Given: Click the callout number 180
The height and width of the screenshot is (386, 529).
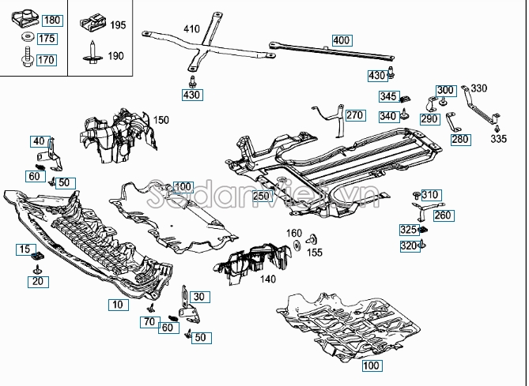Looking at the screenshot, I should click(50, 20).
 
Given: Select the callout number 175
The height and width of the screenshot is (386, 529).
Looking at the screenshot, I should click(47, 39).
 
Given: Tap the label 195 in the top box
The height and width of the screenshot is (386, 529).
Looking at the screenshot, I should click(118, 25).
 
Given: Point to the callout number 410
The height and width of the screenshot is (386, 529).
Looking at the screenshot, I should click(191, 29).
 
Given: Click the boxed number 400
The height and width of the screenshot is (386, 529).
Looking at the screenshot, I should click(341, 39).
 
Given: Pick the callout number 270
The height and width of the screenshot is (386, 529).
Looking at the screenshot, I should click(353, 115).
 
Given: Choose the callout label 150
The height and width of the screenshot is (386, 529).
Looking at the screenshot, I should click(161, 120).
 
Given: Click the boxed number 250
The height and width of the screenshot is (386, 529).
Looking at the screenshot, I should click(262, 195).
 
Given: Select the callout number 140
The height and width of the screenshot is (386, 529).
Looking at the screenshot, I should click(268, 279).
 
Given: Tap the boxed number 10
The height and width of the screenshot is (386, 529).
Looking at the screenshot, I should click(116, 303).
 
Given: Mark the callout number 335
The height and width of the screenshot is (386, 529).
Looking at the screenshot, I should click(497, 139).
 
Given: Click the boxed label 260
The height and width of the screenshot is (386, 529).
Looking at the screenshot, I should click(442, 215).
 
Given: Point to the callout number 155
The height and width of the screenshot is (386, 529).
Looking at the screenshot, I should click(316, 253).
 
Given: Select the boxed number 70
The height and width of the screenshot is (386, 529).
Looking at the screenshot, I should click(149, 321).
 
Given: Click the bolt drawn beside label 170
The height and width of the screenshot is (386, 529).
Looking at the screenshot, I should click(25, 58).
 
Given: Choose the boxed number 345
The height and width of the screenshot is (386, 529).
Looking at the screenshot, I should click(387, 96).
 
